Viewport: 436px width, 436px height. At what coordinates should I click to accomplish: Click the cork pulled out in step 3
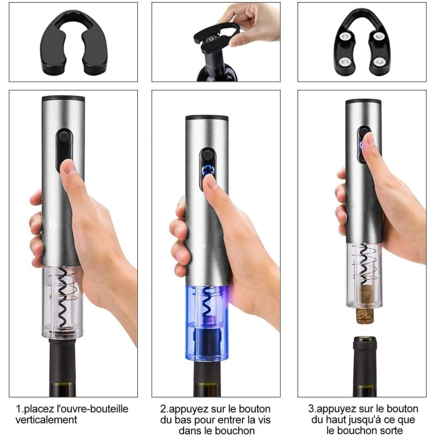[x=365, y=305]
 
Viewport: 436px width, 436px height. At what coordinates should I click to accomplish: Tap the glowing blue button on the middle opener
[x=208, y=169]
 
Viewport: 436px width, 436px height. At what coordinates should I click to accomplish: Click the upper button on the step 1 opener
[x=64, y=137]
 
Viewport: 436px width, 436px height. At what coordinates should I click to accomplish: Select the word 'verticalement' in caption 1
[x=46, y=420]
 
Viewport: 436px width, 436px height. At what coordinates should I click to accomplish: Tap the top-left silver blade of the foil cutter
[x=346, y=36]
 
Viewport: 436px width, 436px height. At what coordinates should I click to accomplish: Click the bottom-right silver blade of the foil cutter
[x=378, y=62]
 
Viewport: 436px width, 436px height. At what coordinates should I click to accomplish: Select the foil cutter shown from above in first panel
[x=74, y=43]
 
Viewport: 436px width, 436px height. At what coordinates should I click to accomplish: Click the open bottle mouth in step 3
[x=365, y=339]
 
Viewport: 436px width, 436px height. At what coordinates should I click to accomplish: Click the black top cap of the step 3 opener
[x=363, y=101]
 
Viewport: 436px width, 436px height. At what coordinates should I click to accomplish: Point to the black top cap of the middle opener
[x=207, y=118]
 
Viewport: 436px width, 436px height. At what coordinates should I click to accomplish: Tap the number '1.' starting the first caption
[x=20, y=409]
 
